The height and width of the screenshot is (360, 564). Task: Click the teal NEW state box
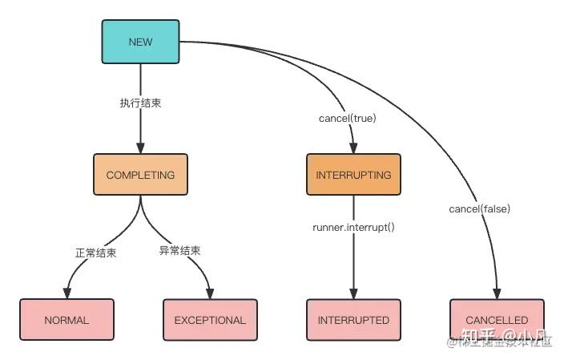[140, 42]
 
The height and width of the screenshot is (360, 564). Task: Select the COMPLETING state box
[140, 174]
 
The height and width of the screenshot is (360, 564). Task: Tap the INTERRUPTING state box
[353, 174]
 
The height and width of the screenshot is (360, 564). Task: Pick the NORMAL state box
[66, 320]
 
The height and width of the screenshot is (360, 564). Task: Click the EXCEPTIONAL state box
[210, 320]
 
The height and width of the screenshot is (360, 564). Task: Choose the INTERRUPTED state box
[353, 320]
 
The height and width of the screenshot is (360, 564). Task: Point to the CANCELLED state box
[497, 320]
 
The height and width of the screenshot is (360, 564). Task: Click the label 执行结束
[140, 103]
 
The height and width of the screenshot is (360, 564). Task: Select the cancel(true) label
[347, 118]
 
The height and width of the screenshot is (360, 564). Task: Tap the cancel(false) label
[480, 209]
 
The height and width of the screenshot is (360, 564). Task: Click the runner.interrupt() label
[353, 228]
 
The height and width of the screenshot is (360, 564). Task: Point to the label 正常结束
[95, 252]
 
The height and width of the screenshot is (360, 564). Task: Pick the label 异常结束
[180, 250]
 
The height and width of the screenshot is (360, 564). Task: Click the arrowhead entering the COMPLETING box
[140, 148]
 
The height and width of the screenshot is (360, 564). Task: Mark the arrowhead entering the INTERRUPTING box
[353, 148]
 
